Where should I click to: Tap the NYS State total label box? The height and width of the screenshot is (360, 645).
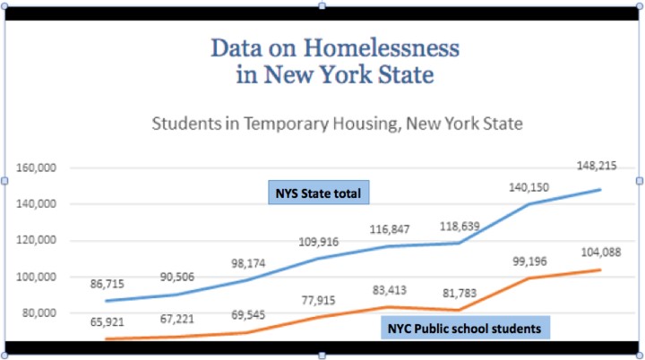319,193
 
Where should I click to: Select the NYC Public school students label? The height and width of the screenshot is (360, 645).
464,329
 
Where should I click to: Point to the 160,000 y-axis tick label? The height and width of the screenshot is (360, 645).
37,168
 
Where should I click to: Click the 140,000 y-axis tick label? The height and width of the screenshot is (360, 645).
37,204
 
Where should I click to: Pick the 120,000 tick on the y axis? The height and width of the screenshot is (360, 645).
37,241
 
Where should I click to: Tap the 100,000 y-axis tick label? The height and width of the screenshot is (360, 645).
37,277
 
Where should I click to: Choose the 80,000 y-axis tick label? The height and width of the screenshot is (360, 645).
39,313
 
